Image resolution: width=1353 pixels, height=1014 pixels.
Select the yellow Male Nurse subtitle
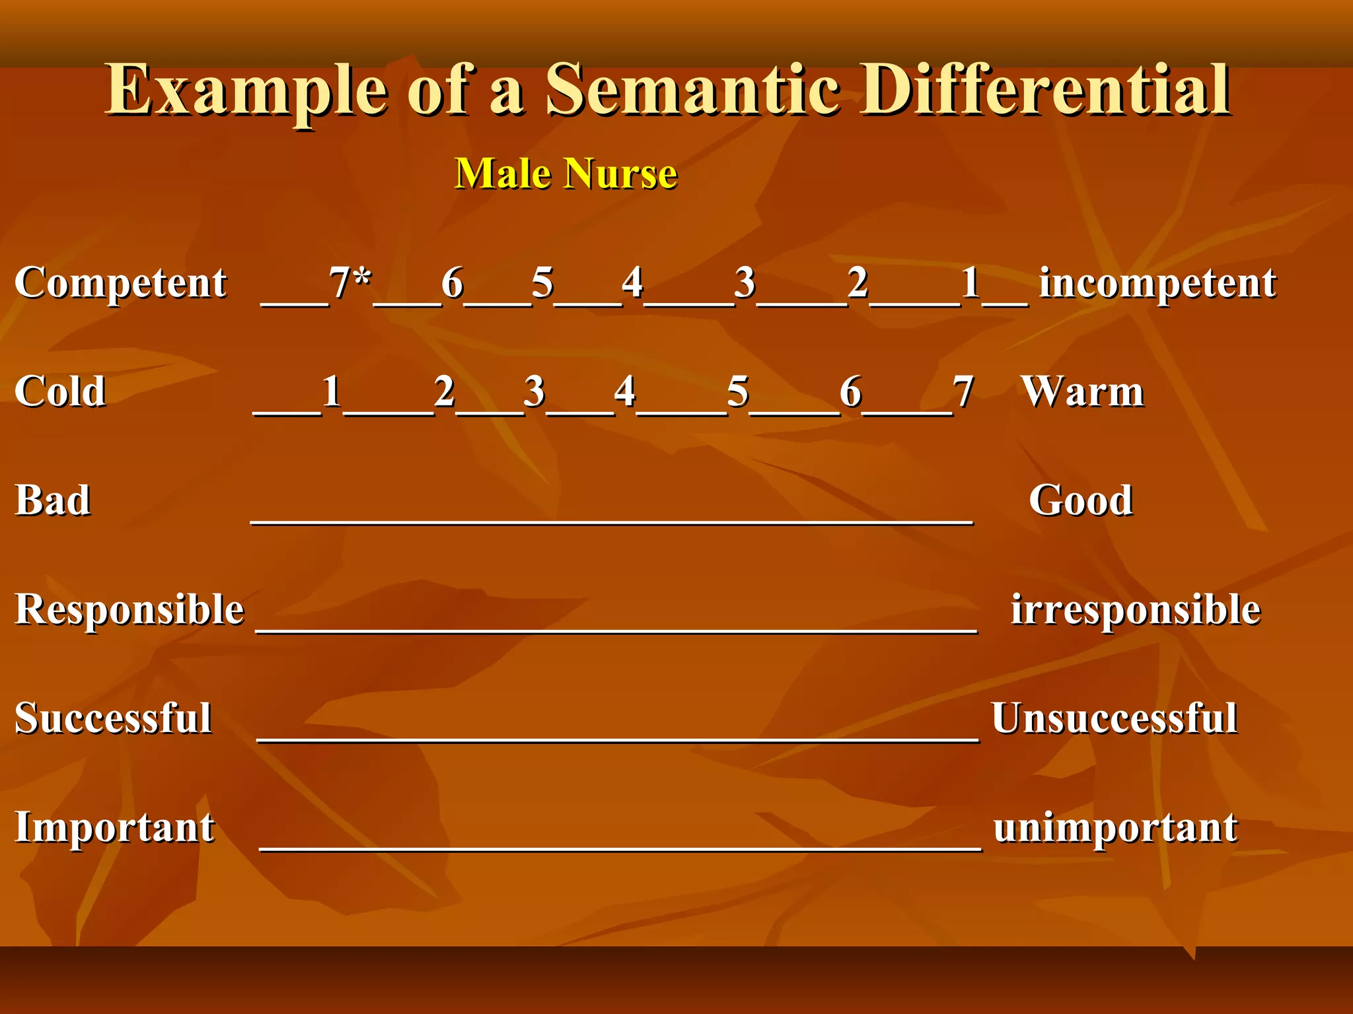coord(566,174)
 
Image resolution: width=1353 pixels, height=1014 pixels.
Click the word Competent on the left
coord(121,284)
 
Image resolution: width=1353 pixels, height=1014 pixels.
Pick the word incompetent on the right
coord(1157,284)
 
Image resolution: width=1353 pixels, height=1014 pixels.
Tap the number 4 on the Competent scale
coord(632,283)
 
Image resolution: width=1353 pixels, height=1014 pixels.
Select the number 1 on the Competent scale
coord(970,283)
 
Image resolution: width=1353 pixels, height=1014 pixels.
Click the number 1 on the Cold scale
coord(332,391)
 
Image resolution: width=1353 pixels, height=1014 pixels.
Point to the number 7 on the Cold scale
coord(963,391)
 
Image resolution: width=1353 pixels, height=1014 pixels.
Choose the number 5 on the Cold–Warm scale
coord(738,391)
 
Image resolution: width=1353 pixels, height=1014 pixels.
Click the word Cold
coord(60,391)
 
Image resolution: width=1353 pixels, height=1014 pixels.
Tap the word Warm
coord(1082,391)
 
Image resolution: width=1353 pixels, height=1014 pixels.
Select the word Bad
coord(53,500)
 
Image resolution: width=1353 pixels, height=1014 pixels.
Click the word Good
coord(1081,500)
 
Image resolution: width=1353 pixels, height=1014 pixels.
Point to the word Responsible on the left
coord(129,609)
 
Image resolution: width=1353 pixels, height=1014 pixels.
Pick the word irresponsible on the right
coord(1136,609)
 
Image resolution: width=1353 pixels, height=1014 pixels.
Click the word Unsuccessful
coord(1114,718)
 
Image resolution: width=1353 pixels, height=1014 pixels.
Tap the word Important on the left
coord(115,827)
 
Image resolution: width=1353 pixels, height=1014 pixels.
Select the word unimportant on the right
coord(1115,827)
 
